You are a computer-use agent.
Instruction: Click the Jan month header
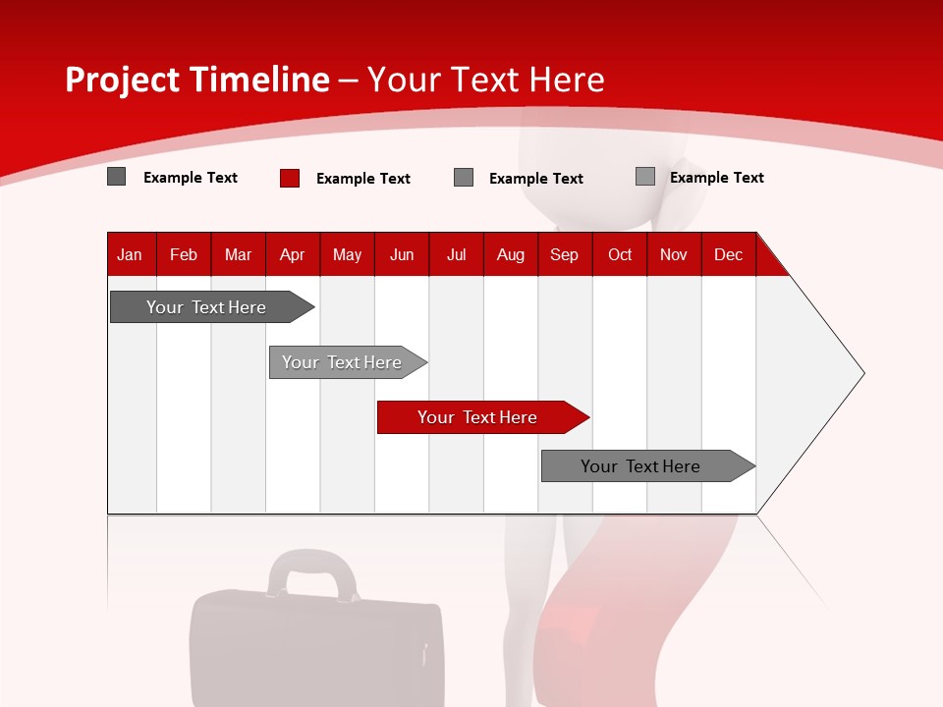[130, 254]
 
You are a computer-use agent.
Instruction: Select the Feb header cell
[184, 254]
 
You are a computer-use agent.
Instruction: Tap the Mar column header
[238, 254]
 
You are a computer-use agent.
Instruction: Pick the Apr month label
[293, 254]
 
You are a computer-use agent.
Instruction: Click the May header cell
[347, 254]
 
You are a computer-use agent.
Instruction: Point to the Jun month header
[402, 254]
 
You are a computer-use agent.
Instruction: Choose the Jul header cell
[456, 254]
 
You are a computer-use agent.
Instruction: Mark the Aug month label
[511, 254]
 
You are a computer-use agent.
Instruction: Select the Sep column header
[565, 254]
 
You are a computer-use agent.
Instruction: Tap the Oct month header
[620, 254]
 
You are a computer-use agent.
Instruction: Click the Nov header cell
[674, 254]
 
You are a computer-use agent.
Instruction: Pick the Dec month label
[729, 254]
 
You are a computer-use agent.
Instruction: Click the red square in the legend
[289, 178]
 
